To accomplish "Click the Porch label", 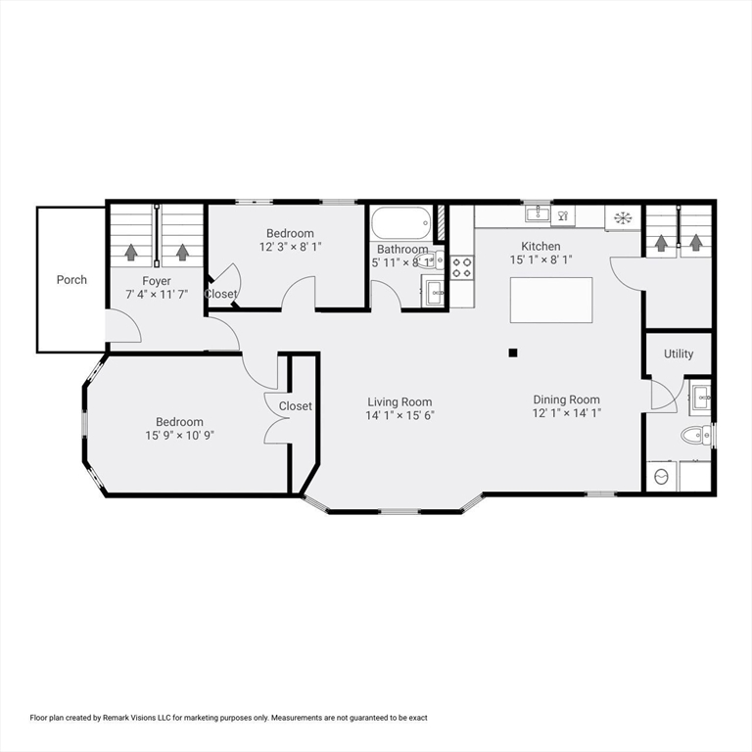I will pos(71,279).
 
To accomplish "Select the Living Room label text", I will pos(399,401).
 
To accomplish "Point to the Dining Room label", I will pos(566,399).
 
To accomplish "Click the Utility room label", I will pos(679,353).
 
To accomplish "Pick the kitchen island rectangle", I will pos(551,300).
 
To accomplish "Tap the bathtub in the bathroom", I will pos(400,223).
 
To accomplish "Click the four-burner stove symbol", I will pos(462,267).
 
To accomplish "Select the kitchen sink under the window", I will pos(536,213).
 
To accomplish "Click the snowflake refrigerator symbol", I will pos(622,216).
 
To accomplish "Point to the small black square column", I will pos(512,353).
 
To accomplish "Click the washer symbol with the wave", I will pos(661,477).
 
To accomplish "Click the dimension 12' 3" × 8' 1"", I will pos(290,247).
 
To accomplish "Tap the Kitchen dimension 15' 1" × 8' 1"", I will pos(540,259).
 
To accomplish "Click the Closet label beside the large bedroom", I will pos(295,405).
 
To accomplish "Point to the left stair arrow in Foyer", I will pos(131,251).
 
